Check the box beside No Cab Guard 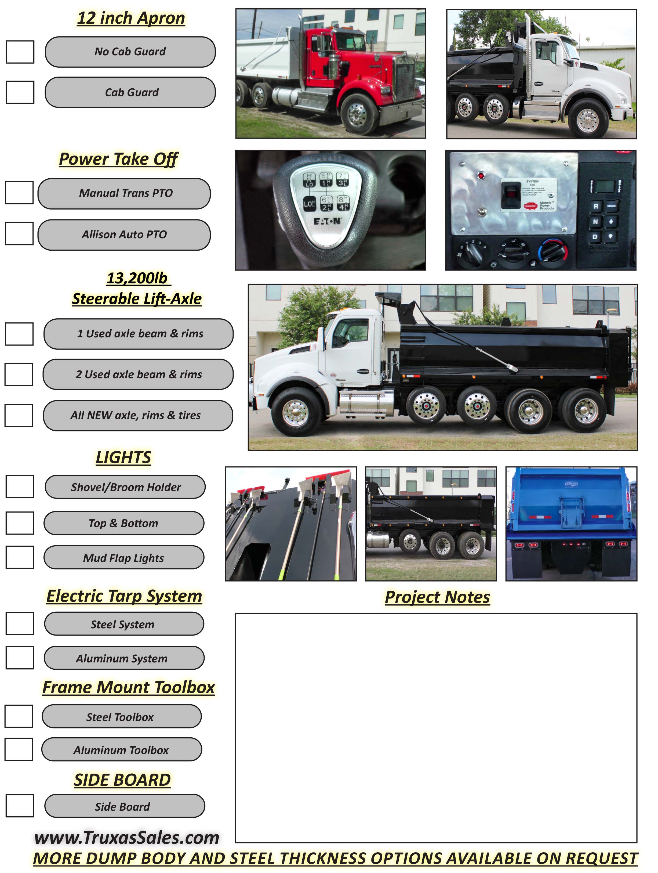click(x=20, y=52)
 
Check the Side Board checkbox click(x=20, y=806)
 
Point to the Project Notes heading click(x=437, y=597)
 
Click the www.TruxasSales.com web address click(x=127, y=838)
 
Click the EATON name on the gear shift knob click(x=327, y=221)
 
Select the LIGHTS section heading click(x=123, y=457)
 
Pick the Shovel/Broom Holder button click(x=125, y=487)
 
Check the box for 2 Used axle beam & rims click(x=19, y=374)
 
